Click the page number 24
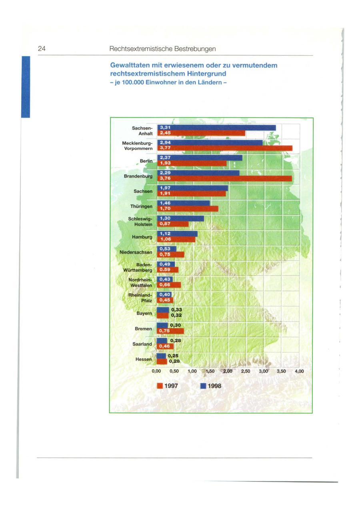pyautogui.click(x=41, y=49)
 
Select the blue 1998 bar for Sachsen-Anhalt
pyautogui.click(x=216, y=128)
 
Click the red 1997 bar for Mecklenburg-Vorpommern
pyautogui.click(x=225, y=148)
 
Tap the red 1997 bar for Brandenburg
pyautogui.click(x=224, y=179)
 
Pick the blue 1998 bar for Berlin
pyautogui.click(x=200, y=158)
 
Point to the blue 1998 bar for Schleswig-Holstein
pyautogui.click(x=180, y=219)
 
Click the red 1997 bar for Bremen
pyautogui.click(x=170, y=331)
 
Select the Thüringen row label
pyautogui.click(x=142, y=207)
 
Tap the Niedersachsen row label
pyautogui.click(x=136, y=252)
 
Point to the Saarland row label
pyautogui.click(x=142, y=344)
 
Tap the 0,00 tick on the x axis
pyautogui.click(x=156, y=371)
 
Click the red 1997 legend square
pyautogui.click(x=160, y=386)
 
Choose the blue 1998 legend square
pyautogui.click(x=203, y=386)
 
